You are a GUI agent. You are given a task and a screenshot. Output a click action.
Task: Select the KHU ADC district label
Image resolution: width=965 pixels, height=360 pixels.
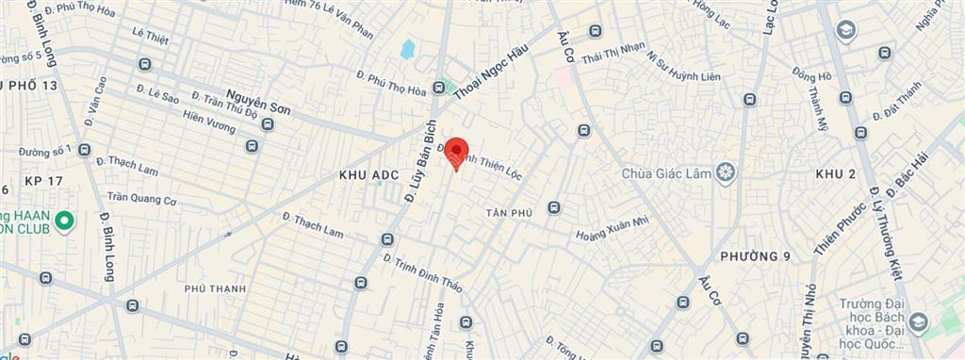[x=369, y=175]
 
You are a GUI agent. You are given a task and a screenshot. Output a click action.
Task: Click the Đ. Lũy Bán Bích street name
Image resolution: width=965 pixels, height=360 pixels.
[x=420, y=168]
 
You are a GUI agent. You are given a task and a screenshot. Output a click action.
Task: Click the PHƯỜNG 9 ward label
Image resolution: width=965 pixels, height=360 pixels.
[x=755, y=256]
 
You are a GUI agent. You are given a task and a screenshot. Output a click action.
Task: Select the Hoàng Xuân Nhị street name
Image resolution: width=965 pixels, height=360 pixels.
[x=613, y=228]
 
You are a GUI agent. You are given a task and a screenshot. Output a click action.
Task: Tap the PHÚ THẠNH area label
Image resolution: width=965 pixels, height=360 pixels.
[x=215, y=288]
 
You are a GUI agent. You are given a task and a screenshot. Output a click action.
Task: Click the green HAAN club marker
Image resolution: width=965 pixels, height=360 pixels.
[x=64, y=222]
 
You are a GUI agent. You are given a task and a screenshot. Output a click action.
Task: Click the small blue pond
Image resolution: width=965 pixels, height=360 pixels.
[x=407, y=49]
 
